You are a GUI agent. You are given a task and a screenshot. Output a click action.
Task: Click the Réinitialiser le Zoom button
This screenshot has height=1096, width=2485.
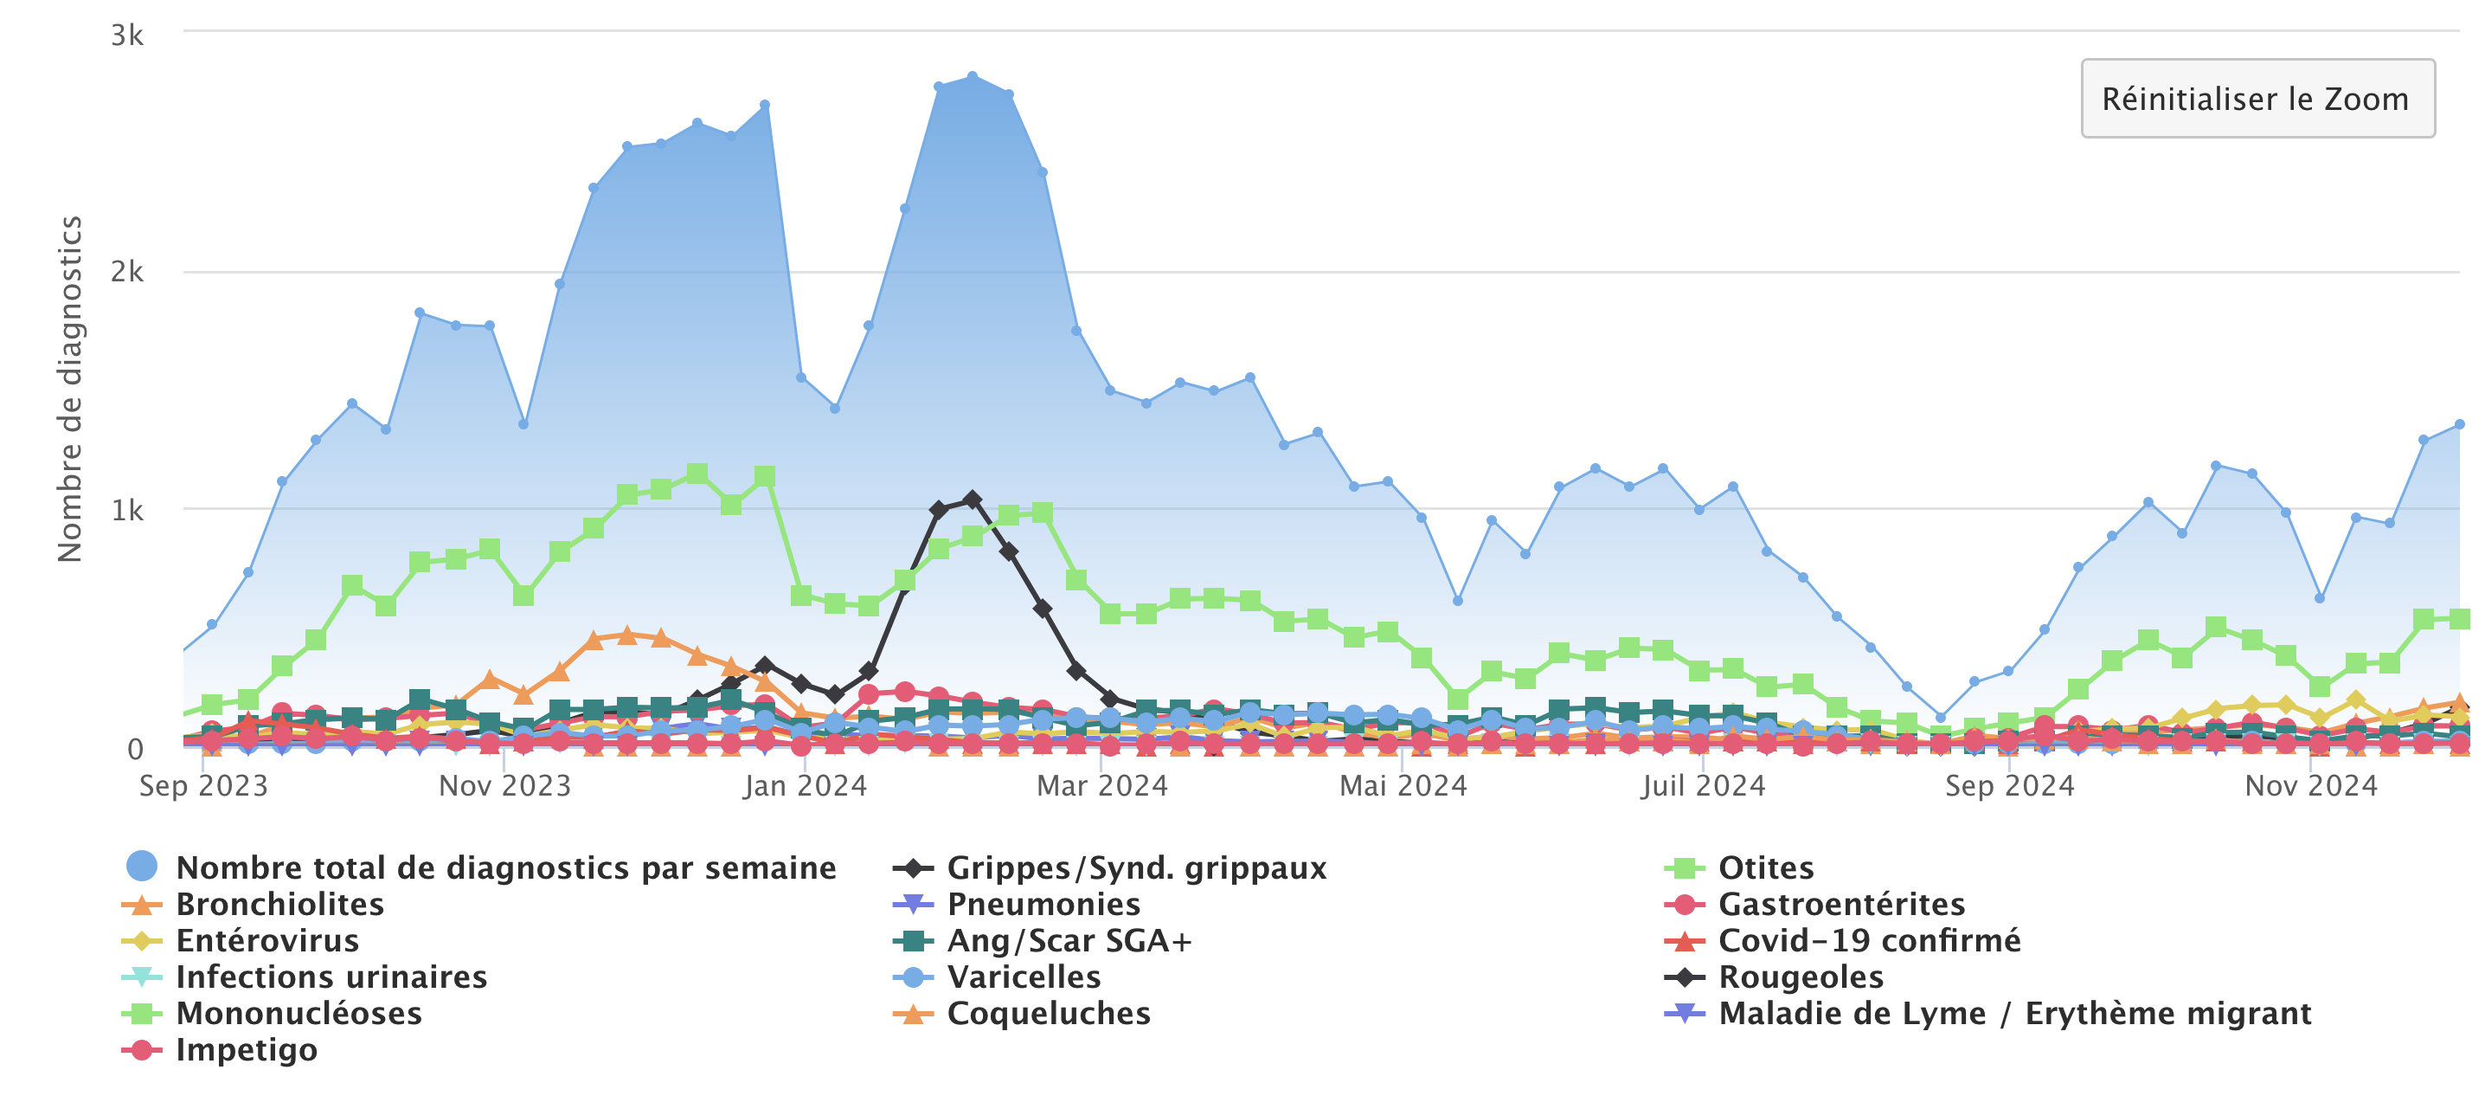click(2257, 99)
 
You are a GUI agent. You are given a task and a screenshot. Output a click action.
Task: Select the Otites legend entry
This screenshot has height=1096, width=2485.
click(1764, 867)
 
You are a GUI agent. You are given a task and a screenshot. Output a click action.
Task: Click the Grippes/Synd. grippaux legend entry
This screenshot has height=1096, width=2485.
click(1135, 867)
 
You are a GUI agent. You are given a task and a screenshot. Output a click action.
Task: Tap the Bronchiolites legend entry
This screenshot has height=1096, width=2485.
click(279, 904)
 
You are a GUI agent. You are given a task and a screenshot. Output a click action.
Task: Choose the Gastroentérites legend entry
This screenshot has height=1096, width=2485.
click(1840, 904)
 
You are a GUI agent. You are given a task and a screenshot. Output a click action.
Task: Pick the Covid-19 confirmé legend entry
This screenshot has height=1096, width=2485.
click(1869, 939)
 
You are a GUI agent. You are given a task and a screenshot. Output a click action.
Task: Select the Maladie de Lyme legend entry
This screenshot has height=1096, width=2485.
click(2014, 1013)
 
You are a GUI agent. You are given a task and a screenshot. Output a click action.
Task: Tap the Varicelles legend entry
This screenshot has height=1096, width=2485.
click(1023, 977)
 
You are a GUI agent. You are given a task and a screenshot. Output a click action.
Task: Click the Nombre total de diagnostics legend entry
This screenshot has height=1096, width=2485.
click(504, 867)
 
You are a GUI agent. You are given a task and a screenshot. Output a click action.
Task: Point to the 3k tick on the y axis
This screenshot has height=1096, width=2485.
click(127, 35)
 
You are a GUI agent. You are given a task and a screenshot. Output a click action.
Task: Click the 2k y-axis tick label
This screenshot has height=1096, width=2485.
click(127, 272)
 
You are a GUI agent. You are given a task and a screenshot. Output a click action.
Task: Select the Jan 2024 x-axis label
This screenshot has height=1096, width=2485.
click(805, 785)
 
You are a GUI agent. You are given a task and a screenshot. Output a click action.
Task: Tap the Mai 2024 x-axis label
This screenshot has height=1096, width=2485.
click(1403, 785)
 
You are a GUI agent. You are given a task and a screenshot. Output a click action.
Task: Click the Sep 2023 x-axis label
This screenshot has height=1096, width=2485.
click(203, 785)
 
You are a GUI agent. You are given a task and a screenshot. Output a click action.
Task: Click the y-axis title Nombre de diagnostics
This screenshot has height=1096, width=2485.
click(69, 388)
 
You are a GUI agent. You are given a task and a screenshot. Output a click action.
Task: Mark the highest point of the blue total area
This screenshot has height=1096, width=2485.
click(973, 76)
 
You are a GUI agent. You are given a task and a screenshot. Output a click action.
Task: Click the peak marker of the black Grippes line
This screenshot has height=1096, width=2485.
click(973, 500)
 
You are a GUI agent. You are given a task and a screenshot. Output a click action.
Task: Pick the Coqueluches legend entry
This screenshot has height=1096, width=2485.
click(1048, 1013)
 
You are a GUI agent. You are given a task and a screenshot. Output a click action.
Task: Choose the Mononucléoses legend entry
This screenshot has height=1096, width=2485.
click(299, 1013)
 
